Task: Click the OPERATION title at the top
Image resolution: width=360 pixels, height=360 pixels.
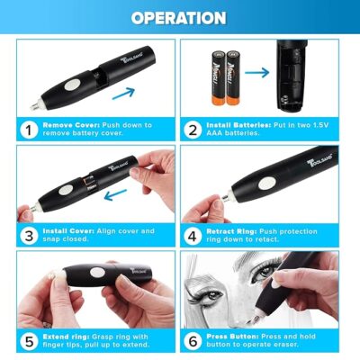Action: tap(178, 18)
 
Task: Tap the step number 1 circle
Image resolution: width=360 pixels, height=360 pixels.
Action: tap(29, 130)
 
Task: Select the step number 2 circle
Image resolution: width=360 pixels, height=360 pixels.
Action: tap(193, 130)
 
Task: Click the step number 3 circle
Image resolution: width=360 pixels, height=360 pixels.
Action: tap(29, 236)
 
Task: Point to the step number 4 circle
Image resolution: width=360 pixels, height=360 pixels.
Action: tap(193, 236)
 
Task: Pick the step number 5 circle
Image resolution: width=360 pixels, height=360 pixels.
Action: tap(29, 341)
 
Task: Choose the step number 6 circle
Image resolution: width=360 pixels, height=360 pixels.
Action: tap(193, 341)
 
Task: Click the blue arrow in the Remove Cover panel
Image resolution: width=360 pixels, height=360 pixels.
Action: tap(123, 94)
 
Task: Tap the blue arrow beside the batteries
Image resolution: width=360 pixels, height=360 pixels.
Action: tap(256, 72)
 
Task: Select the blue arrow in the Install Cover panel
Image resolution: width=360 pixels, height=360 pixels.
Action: tap(115, 194)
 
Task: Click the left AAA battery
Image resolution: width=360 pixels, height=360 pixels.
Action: tap(219, 78)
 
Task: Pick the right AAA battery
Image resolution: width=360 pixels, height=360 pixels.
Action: tap(233, 78)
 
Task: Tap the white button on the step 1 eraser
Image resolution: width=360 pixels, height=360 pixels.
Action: tap(72, 85)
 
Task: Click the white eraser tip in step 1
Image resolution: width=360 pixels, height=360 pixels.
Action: tap(34, 105)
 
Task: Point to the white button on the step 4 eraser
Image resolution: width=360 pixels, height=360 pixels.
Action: tap(267, 184)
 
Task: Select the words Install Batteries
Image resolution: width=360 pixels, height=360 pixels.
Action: tap(238, 125)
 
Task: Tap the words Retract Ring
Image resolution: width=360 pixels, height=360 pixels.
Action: tap(231, 231)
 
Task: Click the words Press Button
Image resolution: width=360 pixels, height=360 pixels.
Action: tap(232, 337)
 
